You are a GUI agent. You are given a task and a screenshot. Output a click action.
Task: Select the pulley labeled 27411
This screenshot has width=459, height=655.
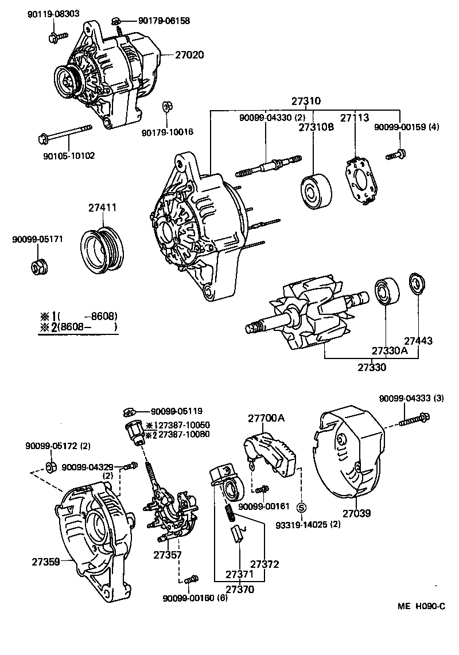click(102, 248)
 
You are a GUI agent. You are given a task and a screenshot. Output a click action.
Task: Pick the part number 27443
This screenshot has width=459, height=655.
click(418, 341)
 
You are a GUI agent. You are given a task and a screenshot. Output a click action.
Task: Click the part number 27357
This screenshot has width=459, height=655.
click(168, 555)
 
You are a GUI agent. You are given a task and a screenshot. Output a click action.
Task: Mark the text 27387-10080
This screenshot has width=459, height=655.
click(184, 434)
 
